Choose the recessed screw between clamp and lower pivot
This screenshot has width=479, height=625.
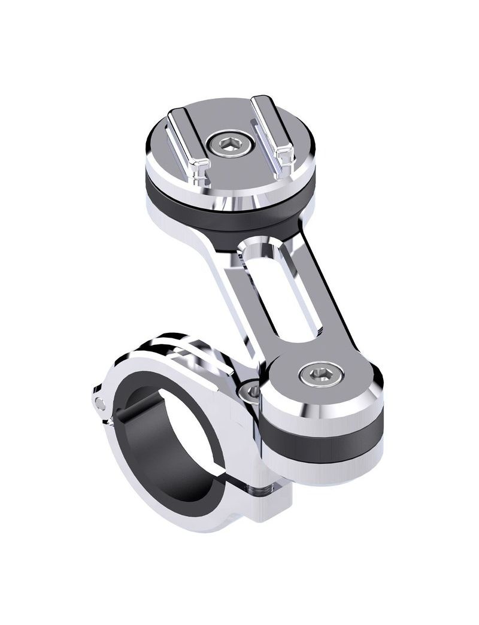[252, 392]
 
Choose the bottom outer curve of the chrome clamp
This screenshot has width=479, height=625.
[198, 521]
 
